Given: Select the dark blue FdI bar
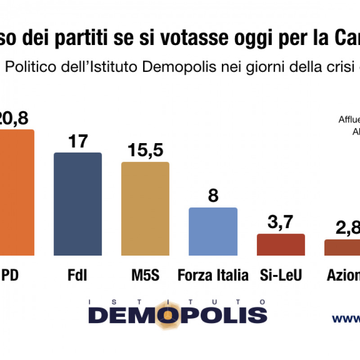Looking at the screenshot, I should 77,204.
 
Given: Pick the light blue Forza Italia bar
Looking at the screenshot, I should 213,231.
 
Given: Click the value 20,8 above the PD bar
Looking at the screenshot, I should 14,118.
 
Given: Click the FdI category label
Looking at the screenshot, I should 77,274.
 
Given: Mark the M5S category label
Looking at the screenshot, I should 145,274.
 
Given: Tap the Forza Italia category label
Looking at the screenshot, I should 213,274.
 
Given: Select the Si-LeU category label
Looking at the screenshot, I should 281,274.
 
